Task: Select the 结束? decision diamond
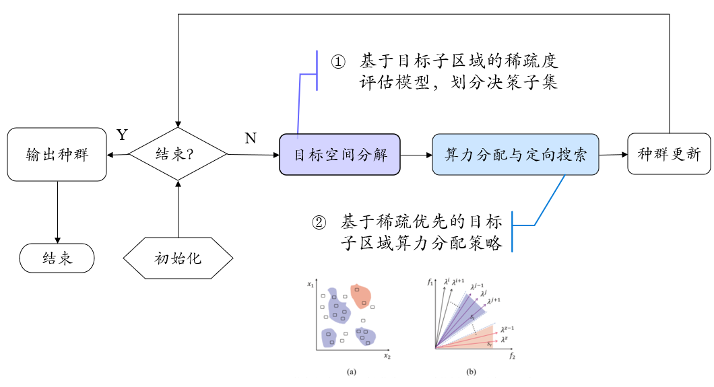coord(178,154)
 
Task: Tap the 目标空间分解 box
coord(339,155)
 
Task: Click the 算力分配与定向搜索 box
coord(515,155)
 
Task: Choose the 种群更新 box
coord(669,154)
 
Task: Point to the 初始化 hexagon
coord(178,258)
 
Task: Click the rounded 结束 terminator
coord(57,258)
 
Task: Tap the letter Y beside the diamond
coord(122,135)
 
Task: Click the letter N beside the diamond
coord(250,139)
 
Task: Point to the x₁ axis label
coord(311,285)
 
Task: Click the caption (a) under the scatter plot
coord(351,372)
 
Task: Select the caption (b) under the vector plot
coord(471,372)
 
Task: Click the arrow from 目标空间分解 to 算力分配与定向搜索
coord(416,155)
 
